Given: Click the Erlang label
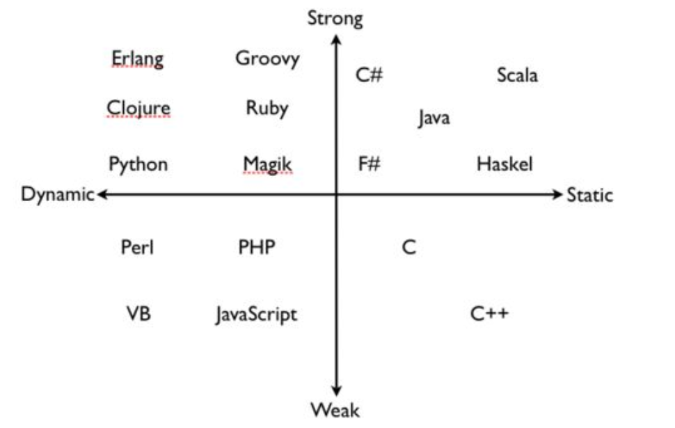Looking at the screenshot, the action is (x=138, y=58).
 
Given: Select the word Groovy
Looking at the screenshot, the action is (x=267, y=58).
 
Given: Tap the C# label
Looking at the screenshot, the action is (x=369, y=74).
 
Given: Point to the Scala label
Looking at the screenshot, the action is (x=517, y=74).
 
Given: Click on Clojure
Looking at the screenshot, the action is (x=138, y=109).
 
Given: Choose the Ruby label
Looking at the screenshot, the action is (x=267, y=108).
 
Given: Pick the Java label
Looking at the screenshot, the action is (x=434, y=118).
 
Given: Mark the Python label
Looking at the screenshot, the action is (x=138, y=164).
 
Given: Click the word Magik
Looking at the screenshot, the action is (x=268, y=164).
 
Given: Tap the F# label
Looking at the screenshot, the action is (x=369, y=164).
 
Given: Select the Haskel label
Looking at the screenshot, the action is (x=505, y=164).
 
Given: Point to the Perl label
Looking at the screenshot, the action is (x=137, y=247).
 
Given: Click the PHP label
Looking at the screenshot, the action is (x=257, y=247).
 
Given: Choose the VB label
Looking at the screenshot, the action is (x=138, y=314).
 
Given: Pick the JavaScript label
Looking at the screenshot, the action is (x=256, y=315).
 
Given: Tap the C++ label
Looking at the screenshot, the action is (x=489, y=314).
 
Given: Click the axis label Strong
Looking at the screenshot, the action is (x=335, y=18).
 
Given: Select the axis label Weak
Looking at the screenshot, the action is (x=335, y=409).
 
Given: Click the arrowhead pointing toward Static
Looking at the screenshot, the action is (x=556, y=194).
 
